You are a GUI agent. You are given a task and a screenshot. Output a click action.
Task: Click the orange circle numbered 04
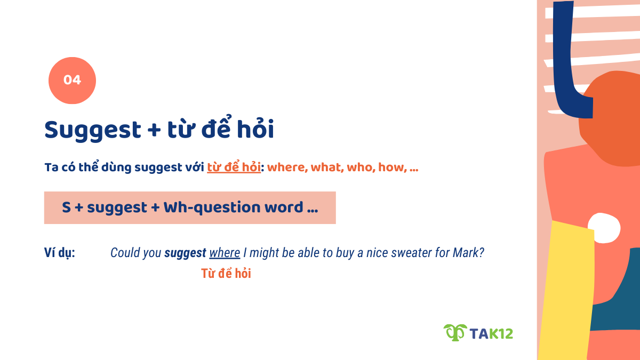click(72, 81)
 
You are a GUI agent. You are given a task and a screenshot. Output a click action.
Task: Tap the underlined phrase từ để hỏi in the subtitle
click(234, 167)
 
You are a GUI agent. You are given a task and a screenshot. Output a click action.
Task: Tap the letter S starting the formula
click(66, 207)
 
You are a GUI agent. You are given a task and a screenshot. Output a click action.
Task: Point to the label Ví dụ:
click(59, 253)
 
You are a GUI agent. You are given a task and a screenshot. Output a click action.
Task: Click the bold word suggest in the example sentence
click(185, 253)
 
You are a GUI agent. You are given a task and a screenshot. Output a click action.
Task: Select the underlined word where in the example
click(225, 253)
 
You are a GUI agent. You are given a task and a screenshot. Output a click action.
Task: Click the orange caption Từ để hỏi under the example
click(226, 274)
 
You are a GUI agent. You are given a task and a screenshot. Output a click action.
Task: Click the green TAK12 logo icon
click(455, 333)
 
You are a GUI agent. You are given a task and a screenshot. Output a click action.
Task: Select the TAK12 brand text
click(491, 333)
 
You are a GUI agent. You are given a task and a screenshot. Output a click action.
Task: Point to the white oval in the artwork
click(604, 227)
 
